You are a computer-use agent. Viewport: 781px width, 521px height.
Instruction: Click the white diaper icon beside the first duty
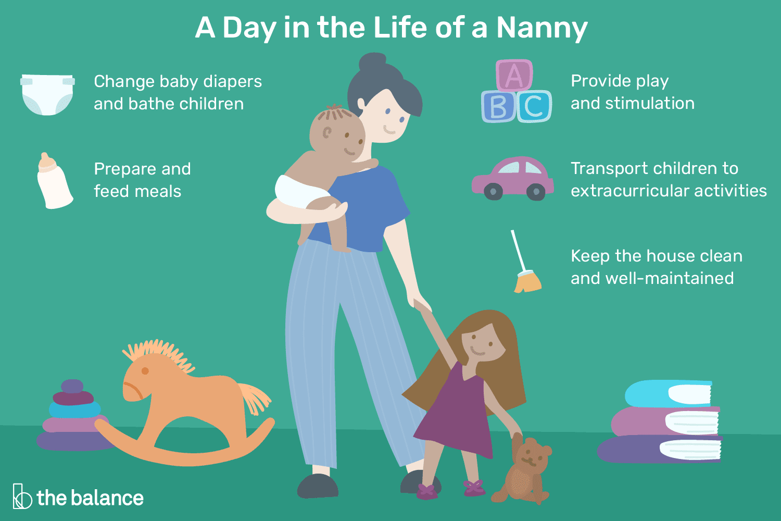(x=47, y=94)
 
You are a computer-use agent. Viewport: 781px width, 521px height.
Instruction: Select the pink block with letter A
(x=514, y=76)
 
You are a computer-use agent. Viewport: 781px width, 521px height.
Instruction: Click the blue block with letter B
(x=498, y=106)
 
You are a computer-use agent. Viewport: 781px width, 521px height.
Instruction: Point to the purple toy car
(x=512, y=178)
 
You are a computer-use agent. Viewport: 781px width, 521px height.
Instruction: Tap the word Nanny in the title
(x=542, y=28)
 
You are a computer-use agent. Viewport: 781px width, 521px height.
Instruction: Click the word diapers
(x=232, y=82)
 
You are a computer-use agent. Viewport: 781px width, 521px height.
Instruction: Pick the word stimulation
(x=650, y=103)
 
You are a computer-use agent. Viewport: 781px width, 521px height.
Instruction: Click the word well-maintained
(x=670, y=278)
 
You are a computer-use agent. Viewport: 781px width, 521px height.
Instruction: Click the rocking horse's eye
(x=145, y=370)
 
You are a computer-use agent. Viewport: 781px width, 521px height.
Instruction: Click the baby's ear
(x=327, y=133)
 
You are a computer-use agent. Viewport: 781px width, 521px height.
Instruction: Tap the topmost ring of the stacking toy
(x=72, y=386)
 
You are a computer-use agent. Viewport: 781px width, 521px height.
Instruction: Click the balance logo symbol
(x=22, y=496)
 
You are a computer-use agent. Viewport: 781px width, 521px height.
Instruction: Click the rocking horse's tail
(x=255, y=398)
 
